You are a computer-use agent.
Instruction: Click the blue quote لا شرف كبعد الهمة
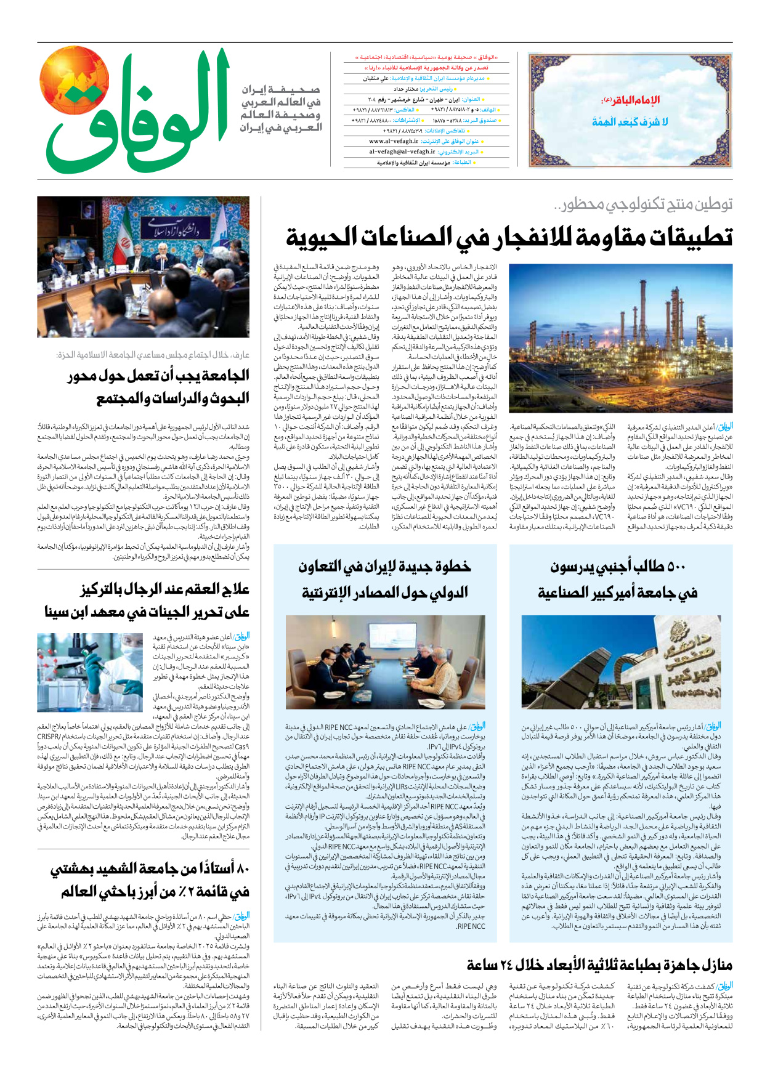[630, 122]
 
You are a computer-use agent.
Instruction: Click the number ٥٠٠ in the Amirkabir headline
[675, 566]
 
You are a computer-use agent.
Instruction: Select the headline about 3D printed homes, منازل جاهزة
[599, 965]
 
